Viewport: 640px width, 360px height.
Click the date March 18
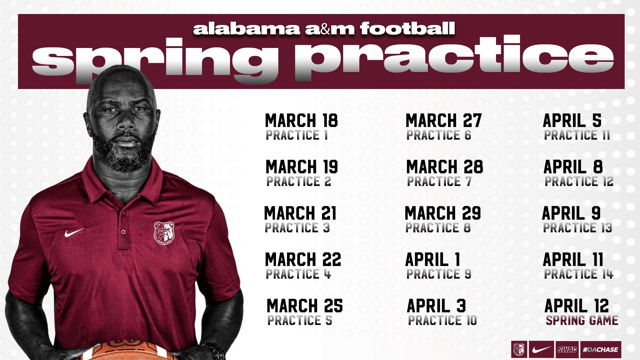(301, 121)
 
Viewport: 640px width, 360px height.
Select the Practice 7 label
(439, 182)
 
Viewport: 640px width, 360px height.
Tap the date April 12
(577, 306)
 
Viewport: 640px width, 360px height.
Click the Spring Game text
(582, 320)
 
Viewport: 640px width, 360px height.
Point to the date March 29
(443, 213)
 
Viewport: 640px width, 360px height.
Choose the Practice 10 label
(443, 320)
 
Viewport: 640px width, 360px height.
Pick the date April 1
(433, 260)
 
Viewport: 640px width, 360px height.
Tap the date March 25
(305, 306)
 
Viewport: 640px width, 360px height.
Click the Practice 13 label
(578, 228)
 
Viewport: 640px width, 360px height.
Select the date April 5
(572, 121)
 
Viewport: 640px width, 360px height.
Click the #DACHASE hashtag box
(601, 350)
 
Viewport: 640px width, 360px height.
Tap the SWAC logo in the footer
(567, 350)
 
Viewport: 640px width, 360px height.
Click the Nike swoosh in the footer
(542, 350)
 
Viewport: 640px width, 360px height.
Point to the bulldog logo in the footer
(519, 350)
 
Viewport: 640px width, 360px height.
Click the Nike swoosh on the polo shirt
(74, 232)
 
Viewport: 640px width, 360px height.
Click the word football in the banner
(408, 29)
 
